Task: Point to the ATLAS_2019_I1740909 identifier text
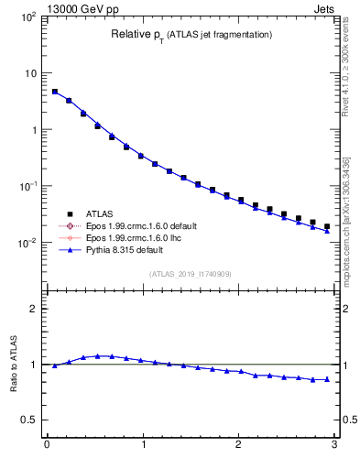(x=191, y=273)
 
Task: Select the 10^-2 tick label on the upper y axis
(x=27, y=243)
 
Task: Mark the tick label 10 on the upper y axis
(x=29, y=73)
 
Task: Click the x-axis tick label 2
(x=239, y=447)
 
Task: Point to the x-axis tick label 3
(x=334, y=447)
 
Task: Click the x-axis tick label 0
(x=47, y=447)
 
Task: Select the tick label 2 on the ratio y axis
(x=33, y=309)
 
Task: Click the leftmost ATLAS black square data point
(x=55, y=92)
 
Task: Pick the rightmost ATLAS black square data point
(x=327, y=226)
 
